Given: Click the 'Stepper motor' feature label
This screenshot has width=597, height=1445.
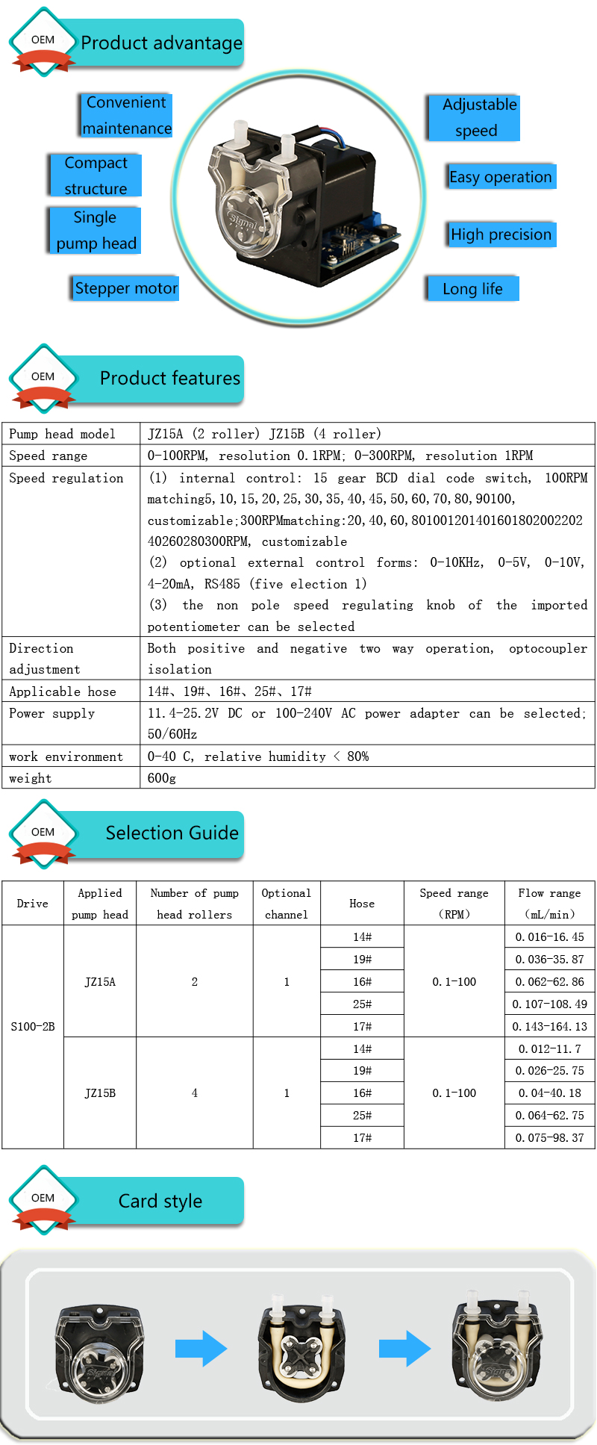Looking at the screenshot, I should point(126,288).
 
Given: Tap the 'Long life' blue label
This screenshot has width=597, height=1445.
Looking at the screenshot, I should point(472,289).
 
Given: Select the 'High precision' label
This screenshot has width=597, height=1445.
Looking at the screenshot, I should point(501,234).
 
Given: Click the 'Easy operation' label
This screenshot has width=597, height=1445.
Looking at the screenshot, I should point(501,177).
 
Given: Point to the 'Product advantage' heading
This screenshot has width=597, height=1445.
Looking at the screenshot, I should point(161,43).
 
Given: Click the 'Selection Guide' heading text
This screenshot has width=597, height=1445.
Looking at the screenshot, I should point(172,833).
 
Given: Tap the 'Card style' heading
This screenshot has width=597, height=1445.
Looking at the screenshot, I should point(160,1202).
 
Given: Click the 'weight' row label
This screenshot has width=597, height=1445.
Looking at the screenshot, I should point(31,778).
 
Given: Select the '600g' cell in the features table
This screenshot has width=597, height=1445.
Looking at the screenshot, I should point(162,778).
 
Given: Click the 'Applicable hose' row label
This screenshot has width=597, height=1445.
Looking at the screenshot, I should point(63,692).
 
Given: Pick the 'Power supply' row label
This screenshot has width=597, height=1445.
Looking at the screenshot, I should point(52,713).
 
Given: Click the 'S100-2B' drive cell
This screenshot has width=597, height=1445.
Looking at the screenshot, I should point(33,1027).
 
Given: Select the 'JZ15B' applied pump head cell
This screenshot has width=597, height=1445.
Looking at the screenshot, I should point(100,1093).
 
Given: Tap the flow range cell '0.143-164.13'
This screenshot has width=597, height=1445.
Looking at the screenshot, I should point(549,1027).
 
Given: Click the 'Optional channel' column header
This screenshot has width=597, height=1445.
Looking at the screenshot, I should point(287,904).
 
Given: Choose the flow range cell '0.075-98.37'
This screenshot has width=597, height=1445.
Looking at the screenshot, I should point(549,1138).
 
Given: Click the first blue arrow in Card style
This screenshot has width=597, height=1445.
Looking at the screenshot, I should point(201,1349).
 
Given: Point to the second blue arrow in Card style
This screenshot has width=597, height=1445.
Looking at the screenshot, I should point(404,1349).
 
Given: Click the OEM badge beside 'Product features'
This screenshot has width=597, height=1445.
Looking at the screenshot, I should point(43,377).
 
